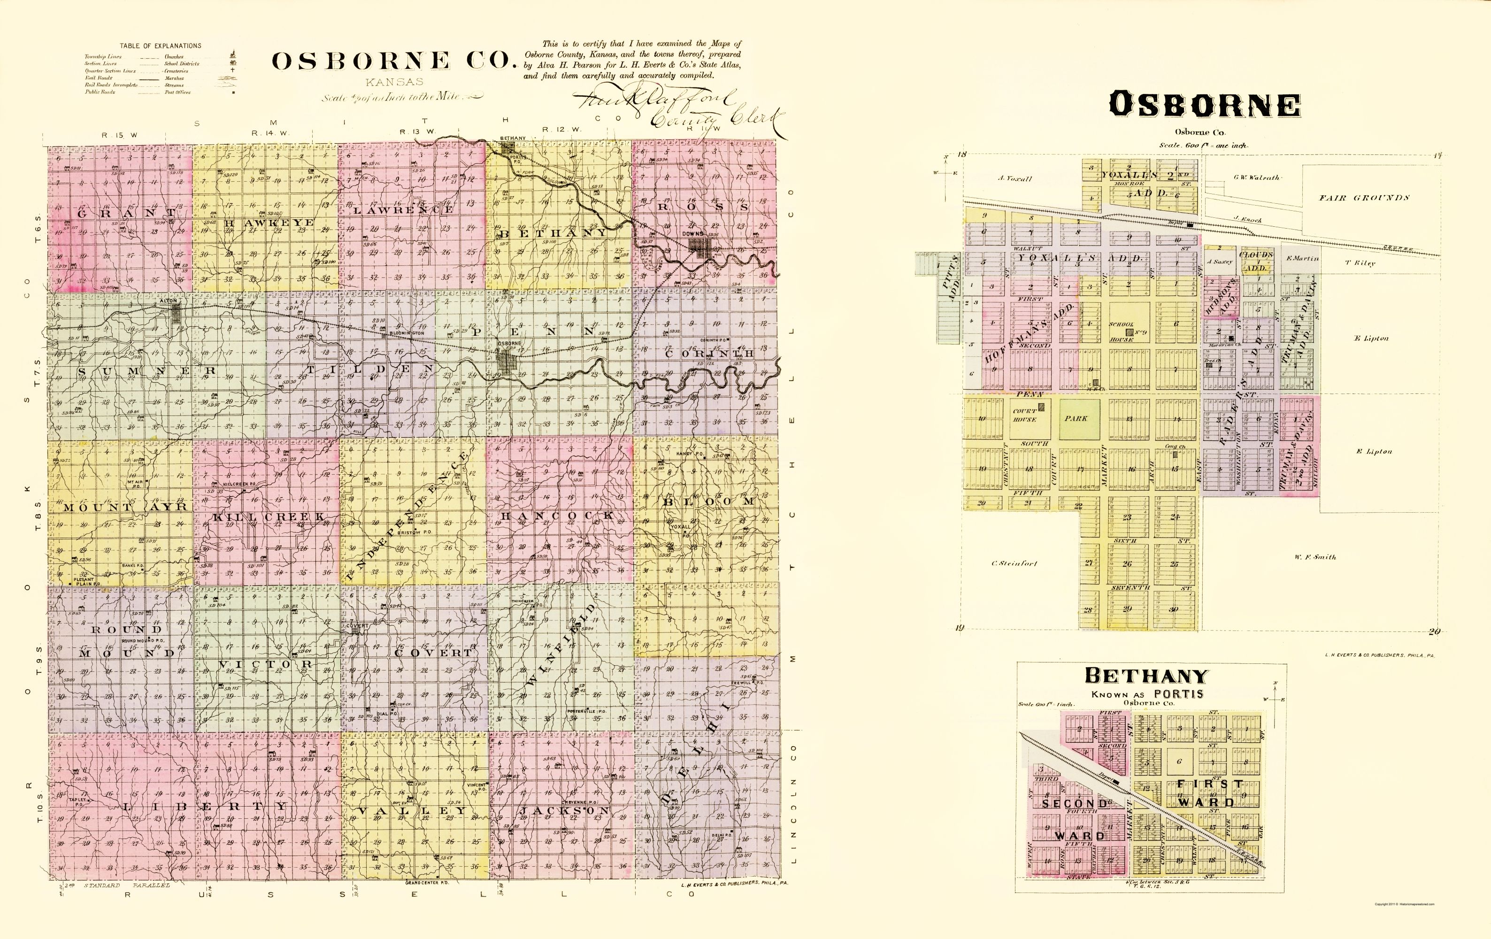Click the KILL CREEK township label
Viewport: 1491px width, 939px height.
click(269, 516)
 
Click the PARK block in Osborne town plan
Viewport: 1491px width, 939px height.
click(1076, 419)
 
